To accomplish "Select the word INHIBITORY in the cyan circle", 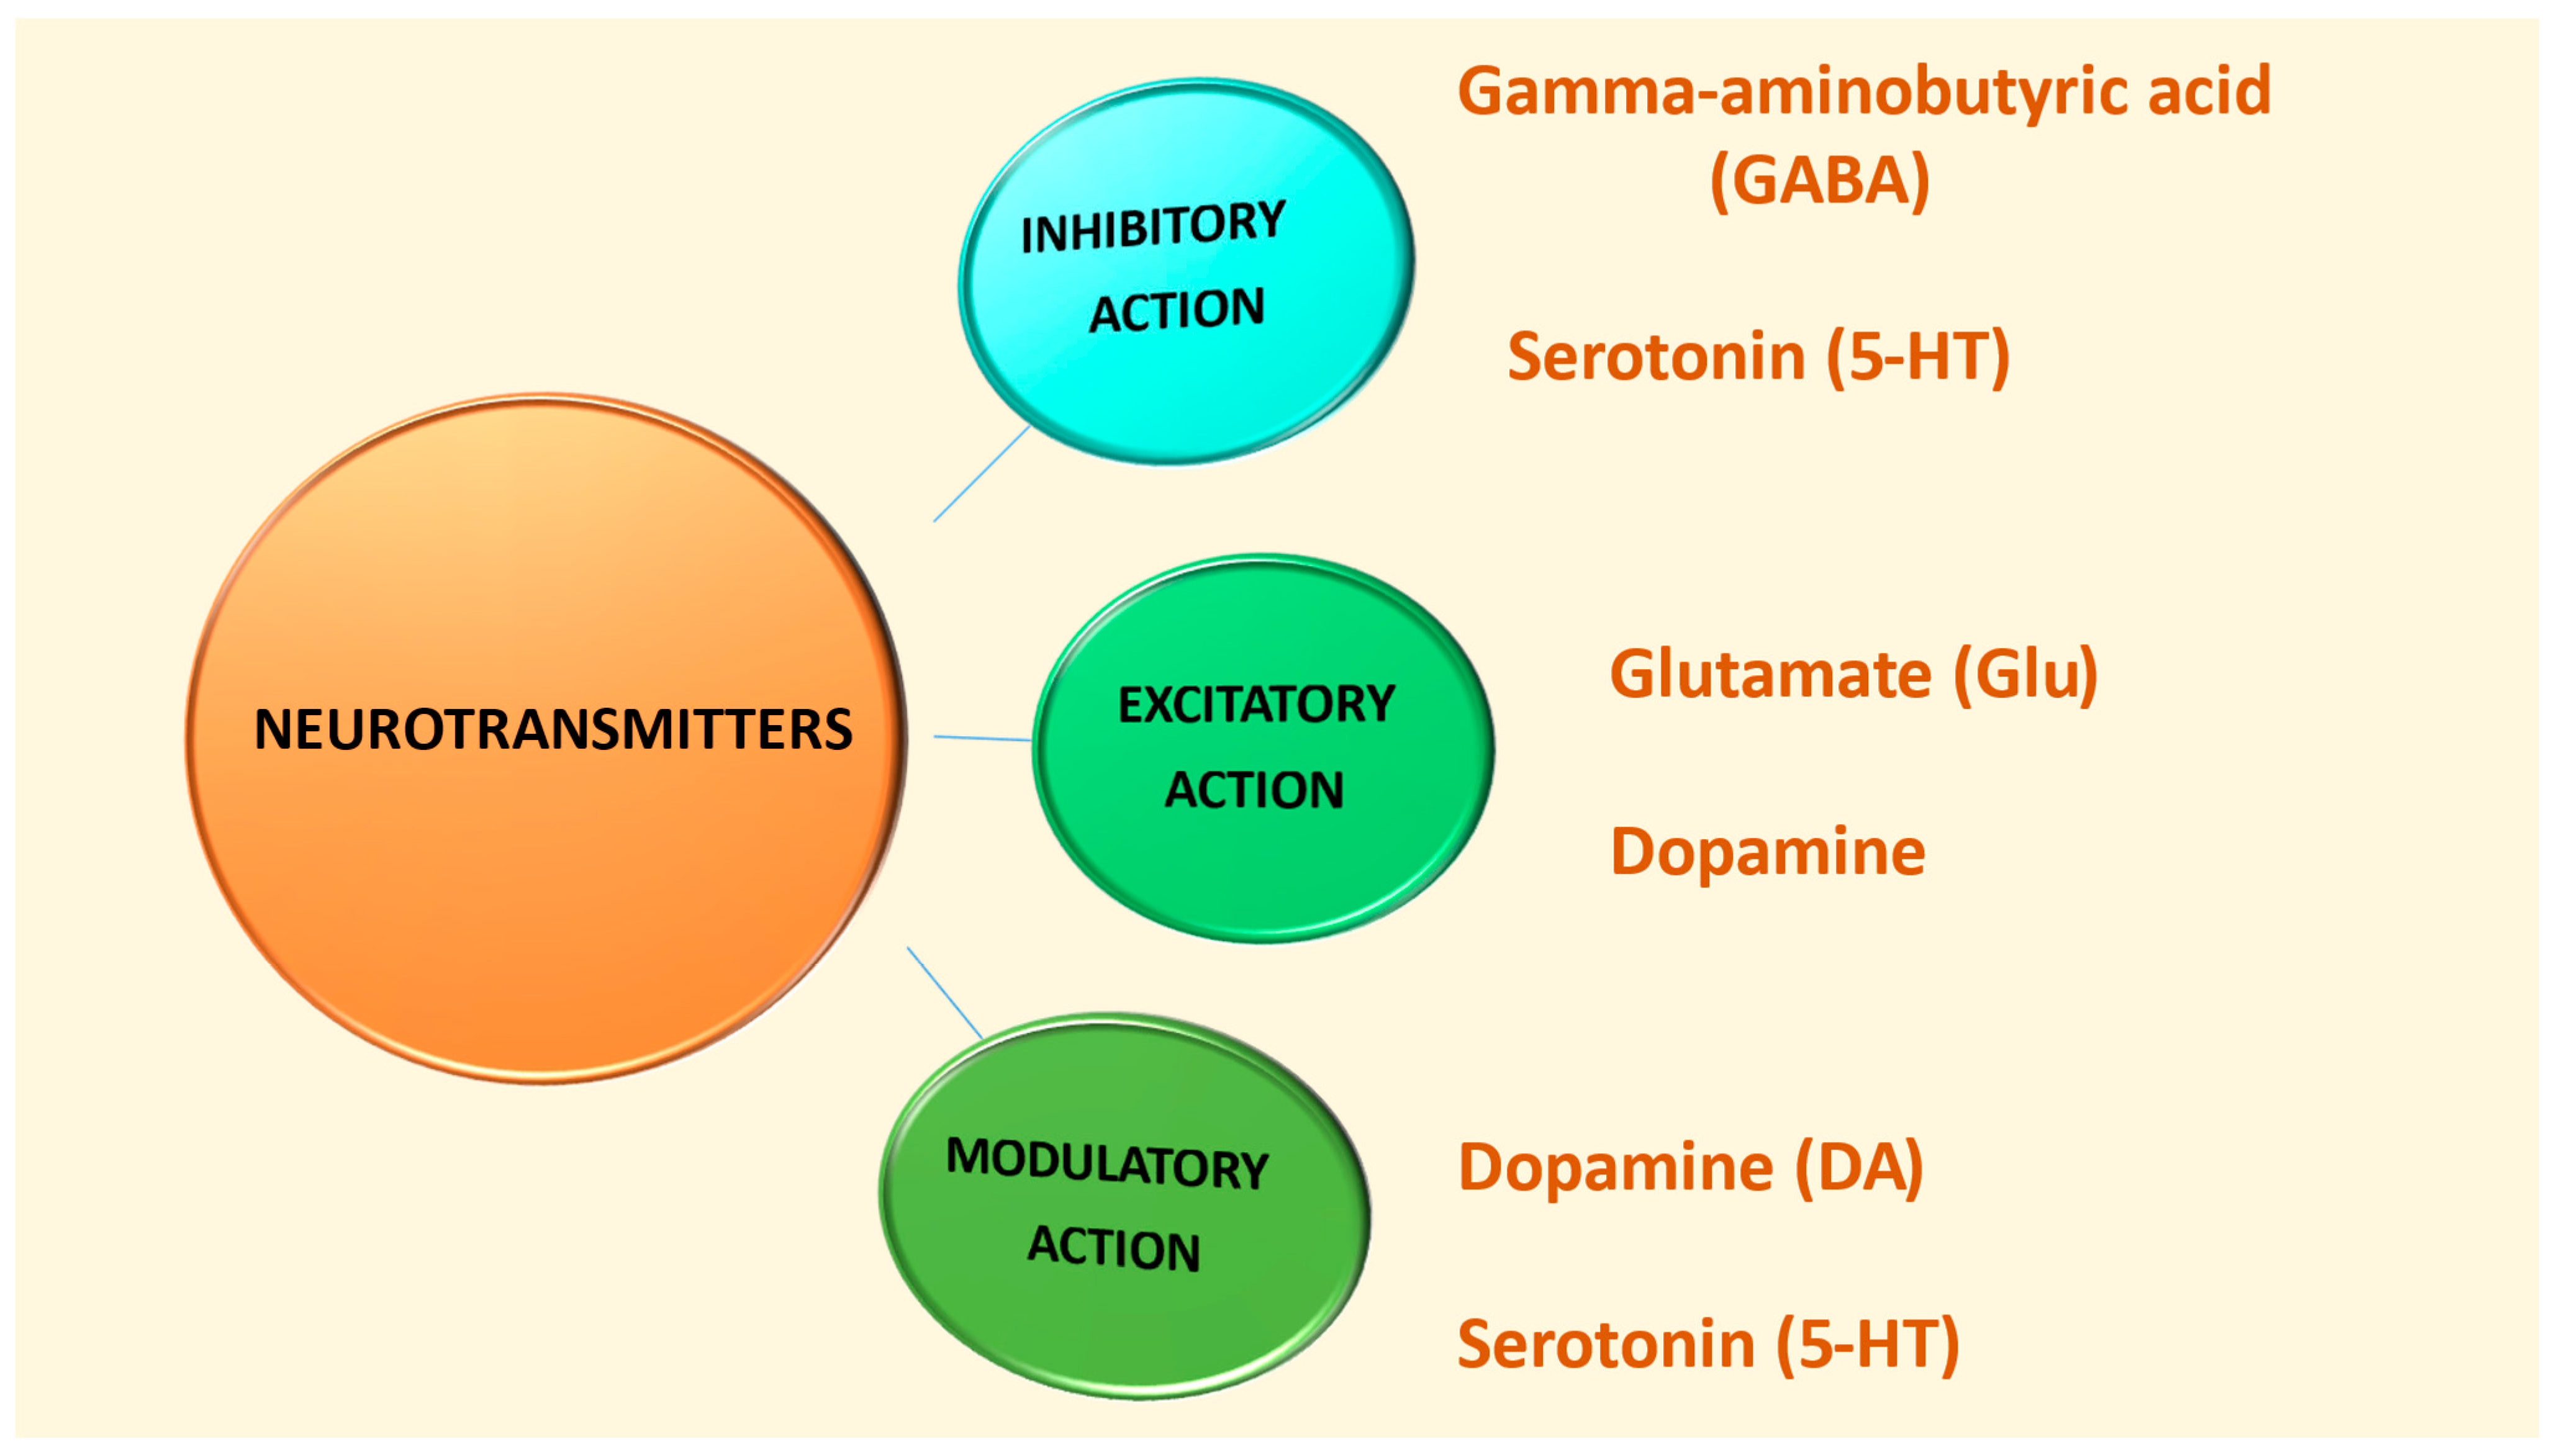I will (1153, 227).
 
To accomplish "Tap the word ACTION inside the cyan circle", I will (1177, 310).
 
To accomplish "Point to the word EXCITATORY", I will (1255, 704).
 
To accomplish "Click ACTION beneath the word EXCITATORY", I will (1255, 790).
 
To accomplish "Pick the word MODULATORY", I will (1107, 1163).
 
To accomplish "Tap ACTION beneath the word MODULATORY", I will (1114, 1248).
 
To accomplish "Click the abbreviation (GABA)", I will (1819, 181).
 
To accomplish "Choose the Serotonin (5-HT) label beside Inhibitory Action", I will (1757, 357).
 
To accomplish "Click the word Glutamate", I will (1770, 674).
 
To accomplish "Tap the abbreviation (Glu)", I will (2025, 674).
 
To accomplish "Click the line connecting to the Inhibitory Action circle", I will (981, 474).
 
